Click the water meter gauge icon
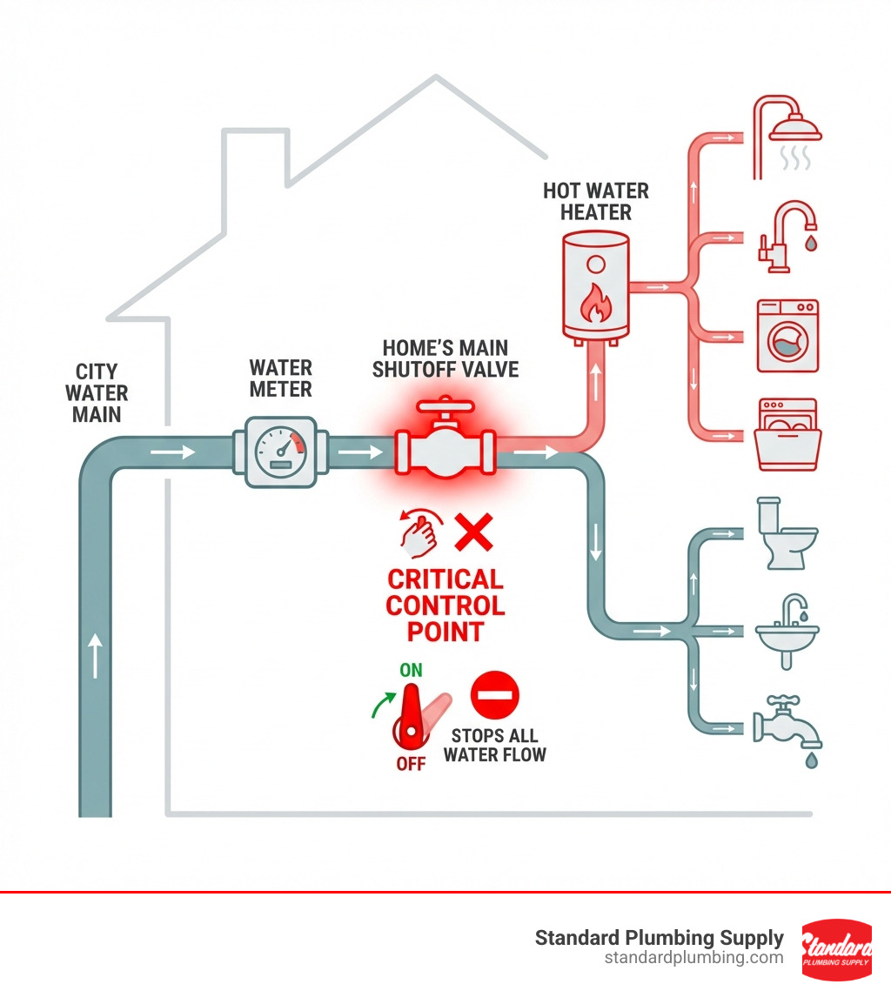280,449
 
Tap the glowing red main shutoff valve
445,445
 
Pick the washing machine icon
787,335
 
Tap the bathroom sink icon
787,630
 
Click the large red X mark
474,532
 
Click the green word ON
412,670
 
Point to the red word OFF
411,763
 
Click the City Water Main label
97,393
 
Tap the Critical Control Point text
445,605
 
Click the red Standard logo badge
836,949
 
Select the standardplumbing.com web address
693,958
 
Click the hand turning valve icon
420,532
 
